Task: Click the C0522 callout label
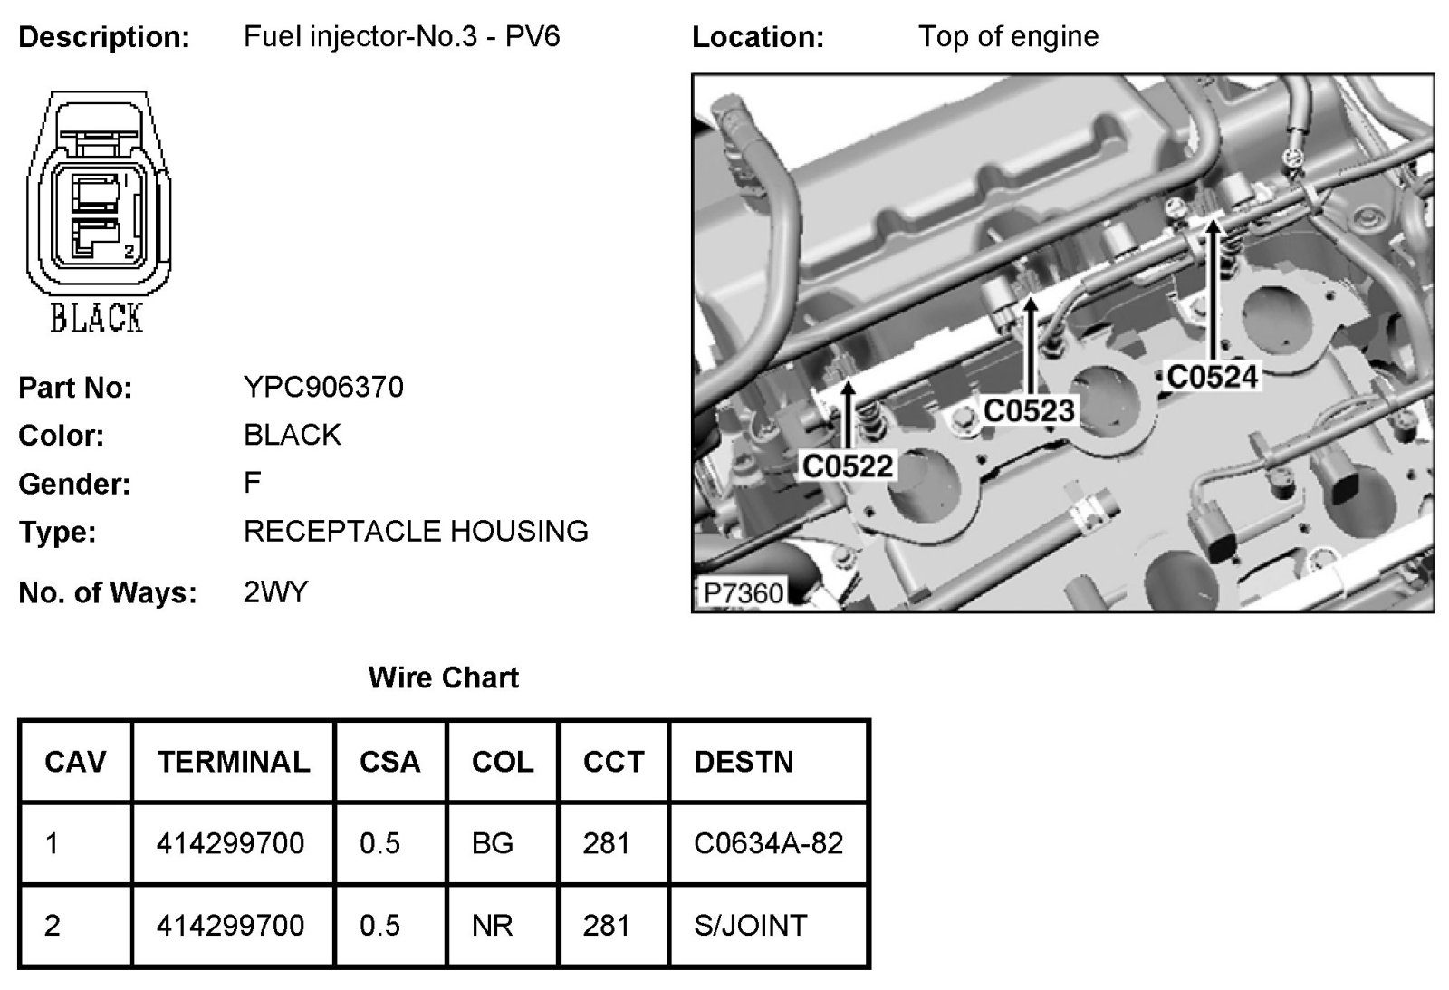coord(848,466)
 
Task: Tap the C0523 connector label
coord(1029,410)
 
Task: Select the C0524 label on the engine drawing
coord(1213,376)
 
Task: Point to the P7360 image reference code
coord(744,593)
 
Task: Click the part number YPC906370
coord(323,388)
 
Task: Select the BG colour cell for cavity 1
coord(493,843)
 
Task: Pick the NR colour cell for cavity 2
coord(493,925)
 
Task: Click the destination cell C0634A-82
coord(768,843)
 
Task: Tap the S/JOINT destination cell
coord(750,925)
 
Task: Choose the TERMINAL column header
coord(233,762)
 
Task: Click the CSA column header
coord(389,762)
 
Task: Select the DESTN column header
coord(744,762)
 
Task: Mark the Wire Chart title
coord(444,678)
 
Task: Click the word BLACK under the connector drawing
coord(96,319)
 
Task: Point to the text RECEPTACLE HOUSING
coord(416,531)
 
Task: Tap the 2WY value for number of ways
coord(275,592)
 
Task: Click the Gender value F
coord(252,483)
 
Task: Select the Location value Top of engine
coord(1008,36)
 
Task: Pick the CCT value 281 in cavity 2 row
coord(606,925)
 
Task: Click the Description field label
coord(104,37)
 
